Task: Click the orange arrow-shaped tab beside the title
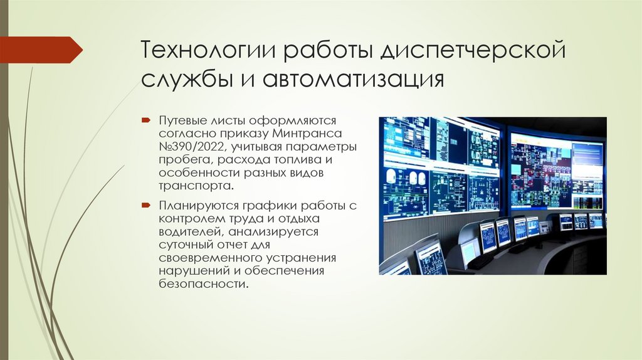coord(41,50)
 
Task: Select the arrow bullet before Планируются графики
coord(145,204)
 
